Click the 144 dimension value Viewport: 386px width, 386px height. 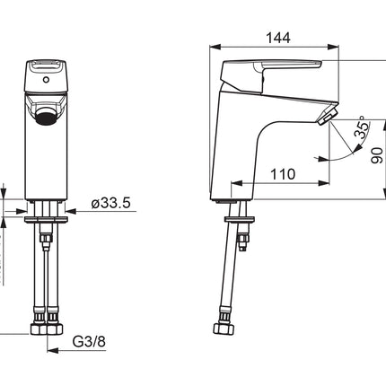coord(278,38)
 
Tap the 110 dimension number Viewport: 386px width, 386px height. coord(283,174)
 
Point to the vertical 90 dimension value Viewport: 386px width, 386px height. coord(377,155)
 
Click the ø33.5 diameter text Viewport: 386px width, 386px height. coord(111,203)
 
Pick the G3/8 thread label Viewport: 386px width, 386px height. coord(89,341)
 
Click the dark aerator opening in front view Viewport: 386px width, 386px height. coord(46,117)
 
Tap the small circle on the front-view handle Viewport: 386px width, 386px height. coord(46,80)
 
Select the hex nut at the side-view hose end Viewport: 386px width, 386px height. coord(224,329)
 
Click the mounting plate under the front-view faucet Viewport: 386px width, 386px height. coord(46,219)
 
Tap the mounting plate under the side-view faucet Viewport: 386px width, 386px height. coord(240,219)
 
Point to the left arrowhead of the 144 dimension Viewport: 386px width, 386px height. coord(215,47)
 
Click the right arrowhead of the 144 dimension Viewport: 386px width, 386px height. coord(333,47)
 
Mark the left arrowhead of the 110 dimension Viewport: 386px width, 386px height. coord(236,183)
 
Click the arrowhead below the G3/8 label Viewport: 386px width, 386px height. coord(53,350)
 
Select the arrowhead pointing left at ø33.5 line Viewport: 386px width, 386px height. coord(71,211)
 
